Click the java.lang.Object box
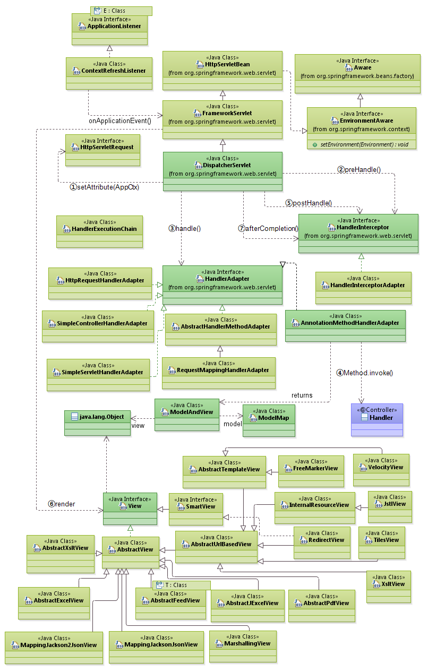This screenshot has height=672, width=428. coord(97,423)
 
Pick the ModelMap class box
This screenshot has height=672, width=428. coord(269,420)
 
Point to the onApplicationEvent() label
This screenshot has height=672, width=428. coord(120,120)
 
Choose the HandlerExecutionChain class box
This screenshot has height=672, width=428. coord(100,231)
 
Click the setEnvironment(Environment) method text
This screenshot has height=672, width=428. coord(364,144)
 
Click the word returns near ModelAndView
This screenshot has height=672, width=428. coord(302,395)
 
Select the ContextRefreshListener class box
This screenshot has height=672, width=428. coord(110,73)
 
